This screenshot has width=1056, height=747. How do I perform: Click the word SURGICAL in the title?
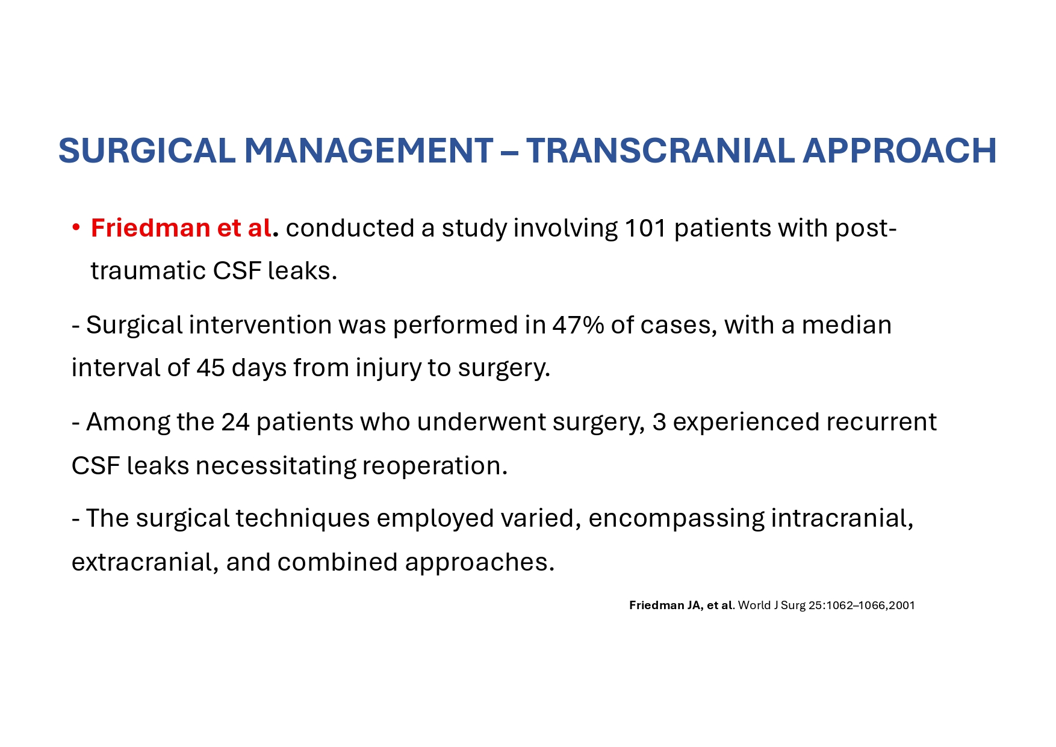pyautogui.click(x=146, y=150)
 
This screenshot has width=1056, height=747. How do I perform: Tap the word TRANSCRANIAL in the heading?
pyautogui.click(x=660, y=150)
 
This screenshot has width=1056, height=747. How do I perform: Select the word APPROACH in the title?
pyautogui.click(x=900, y=150)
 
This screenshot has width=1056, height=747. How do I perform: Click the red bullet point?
pyautogui.click(x=76, y=228)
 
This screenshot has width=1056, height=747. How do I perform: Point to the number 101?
pyautogui.click(x=645, y=228)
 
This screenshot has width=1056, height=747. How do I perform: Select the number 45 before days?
pyautogui.click(x=211, y=368)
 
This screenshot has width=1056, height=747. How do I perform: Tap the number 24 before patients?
pyautogui.click(x=235, y=422)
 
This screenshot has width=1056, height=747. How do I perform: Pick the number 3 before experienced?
pyautogui.click(x=659, y=422)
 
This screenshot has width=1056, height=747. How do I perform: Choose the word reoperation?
pyautogui.click(x=435, y=466)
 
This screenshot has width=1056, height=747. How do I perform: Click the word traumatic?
pyautogui.click(x=148, y=271)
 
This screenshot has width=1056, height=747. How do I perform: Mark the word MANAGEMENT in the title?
pyautogui.click(x=368, y=150)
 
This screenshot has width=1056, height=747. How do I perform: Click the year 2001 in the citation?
pyautogui.click(x=902, y=606)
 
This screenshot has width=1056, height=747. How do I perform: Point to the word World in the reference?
pyautogui.click(x=754, y=606)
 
